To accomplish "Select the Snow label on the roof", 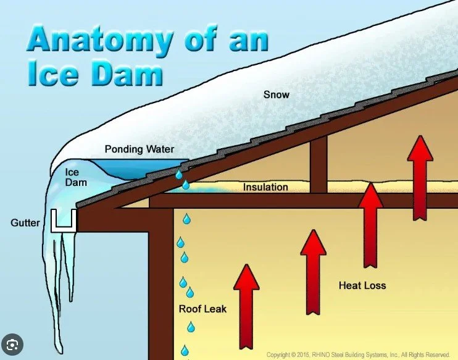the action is click(276, 94).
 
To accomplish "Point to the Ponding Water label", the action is click(139, 149).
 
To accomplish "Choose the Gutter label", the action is click(25, 222).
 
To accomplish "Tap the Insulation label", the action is click(265, 187).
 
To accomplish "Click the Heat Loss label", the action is click(362, 285).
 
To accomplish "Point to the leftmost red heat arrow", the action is click(246, 305).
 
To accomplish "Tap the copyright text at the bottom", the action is click(358, 355).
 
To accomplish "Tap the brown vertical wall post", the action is click(161, 284).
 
